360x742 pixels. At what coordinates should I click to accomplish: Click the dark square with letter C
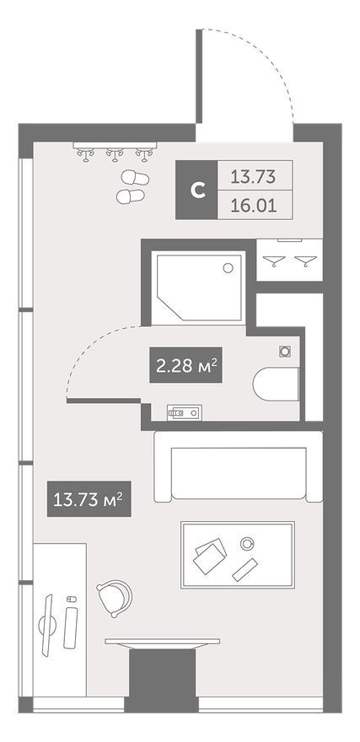pos(197,190)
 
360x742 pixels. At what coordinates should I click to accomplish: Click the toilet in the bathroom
pos(276,384)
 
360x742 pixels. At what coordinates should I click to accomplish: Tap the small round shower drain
pos(227,269)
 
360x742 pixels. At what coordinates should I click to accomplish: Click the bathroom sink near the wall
pos(183,412)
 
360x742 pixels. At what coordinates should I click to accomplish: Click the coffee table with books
pos(237,555)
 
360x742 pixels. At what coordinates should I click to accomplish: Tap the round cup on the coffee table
pos(247,542)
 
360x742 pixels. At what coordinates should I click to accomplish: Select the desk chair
pos(114,598)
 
